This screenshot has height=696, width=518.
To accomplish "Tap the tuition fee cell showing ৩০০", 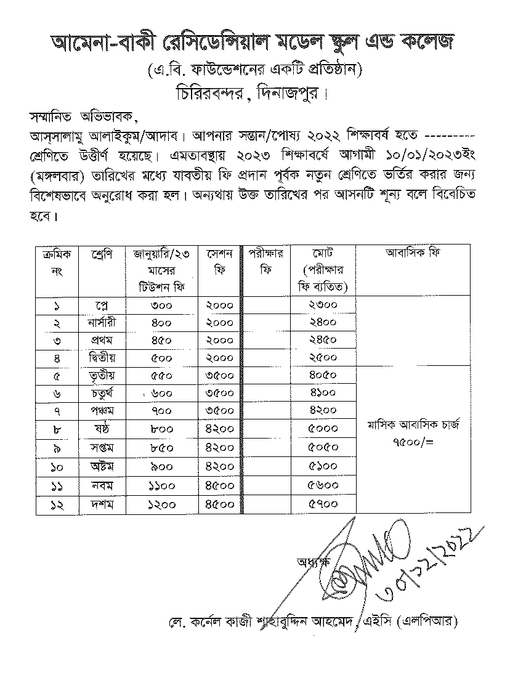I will tap(161, 306).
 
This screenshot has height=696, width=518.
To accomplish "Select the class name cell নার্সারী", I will tap(102, 323).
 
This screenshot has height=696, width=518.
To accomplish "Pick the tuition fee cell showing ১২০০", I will tap(161, 504).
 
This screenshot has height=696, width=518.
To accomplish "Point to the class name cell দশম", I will tap(102, 504).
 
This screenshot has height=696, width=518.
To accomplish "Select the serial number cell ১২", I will tap(56, 504).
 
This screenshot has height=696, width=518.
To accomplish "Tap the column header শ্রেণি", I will tap(101, 253).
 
